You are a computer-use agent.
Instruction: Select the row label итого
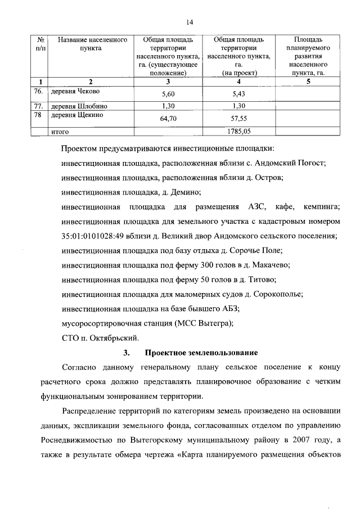(x=60, y=132)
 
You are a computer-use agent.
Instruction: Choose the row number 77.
(x=38, y=106)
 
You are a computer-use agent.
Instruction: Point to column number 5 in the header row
(x=308, y=82)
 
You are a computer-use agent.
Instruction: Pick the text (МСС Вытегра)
(x=205, y=323)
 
